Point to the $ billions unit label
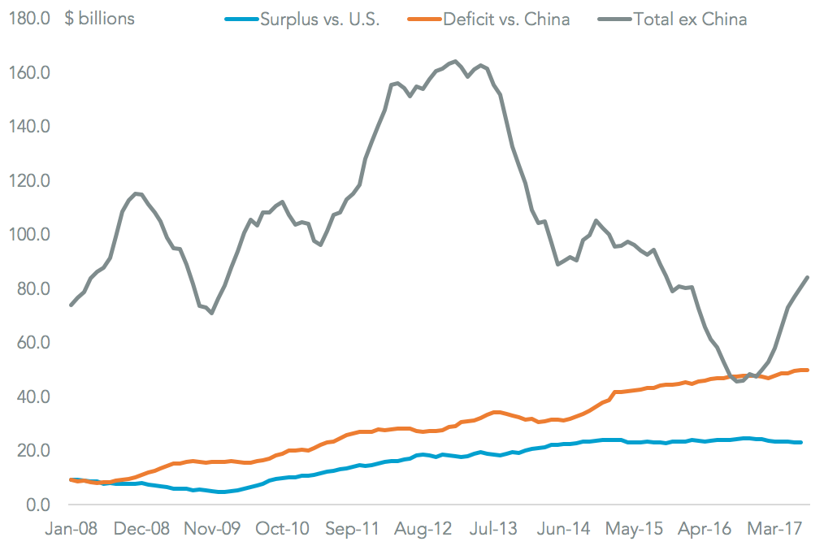[100, 19]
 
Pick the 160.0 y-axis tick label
[32, 73]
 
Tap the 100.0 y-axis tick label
[32, 235]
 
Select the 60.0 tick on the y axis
[35, 343]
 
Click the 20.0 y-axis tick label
[35, 451]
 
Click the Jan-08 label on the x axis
[72, 528]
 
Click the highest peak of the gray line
[455, 62]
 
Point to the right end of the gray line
[807, 277]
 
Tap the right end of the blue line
[800, 442]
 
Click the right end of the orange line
[807, 370]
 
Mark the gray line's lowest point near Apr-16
[738, 381]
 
